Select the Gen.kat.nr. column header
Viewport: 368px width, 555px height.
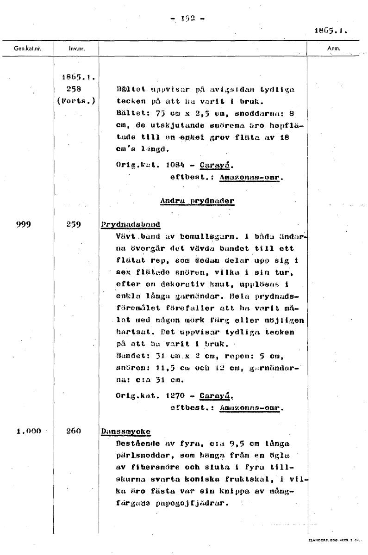coord(26,48)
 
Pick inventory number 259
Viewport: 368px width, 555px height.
coord(73,224)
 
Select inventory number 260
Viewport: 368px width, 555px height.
coord(74,431)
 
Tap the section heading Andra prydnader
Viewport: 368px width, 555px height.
coord(197,201)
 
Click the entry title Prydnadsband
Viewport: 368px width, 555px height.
coord(130,225)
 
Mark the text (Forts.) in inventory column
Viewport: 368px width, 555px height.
coord(77,100)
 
